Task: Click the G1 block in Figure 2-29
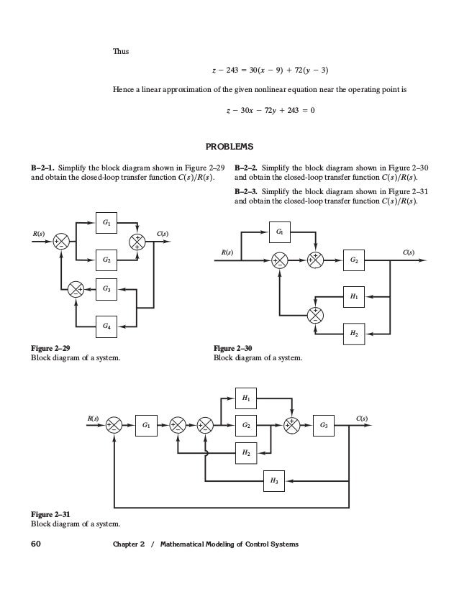pyautogui.click(x=106, y=223)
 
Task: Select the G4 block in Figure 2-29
pyautogui.click(x=106, y=326)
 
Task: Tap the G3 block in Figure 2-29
pyautogui.click(x=106, y=289)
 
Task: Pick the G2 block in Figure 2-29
pyautogui.click(x=106, y=259)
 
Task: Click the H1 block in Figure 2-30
pyautogui.click(x=353, y=296)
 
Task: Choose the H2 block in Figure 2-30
pyautogui.click(x=353, y=333)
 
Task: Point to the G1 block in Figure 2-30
pyautogui.click(x=280, y=232)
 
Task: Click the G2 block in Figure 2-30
pyautogui.click(x=353, y=260)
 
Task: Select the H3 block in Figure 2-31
pyautogui.click(x=273, y=480)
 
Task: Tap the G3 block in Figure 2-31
pyautogui.click(x=324, y=426)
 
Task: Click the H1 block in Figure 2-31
pyautogui.click(x=246, y=397)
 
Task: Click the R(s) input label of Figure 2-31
pyautogui.click(x=92, y=417)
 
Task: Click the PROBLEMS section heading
pyautogui.click(x=229, y=147)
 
